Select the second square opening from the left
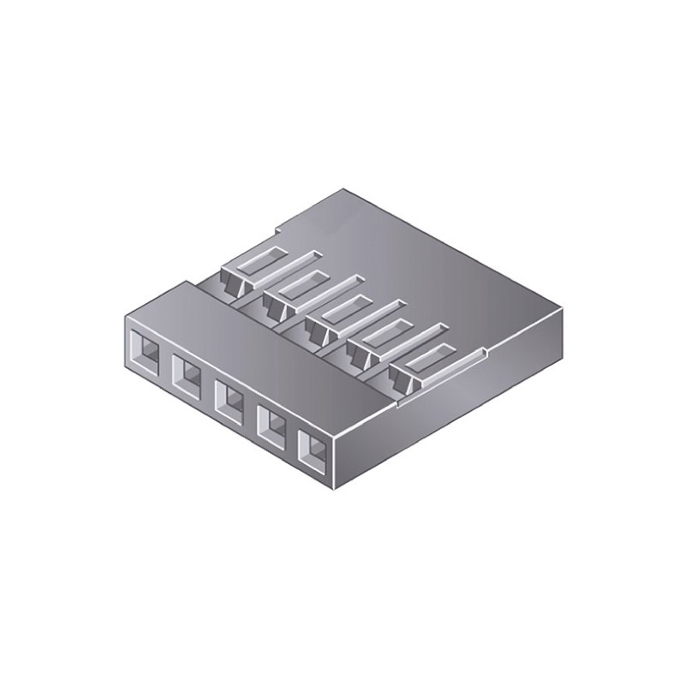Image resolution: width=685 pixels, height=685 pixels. (187, 372)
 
